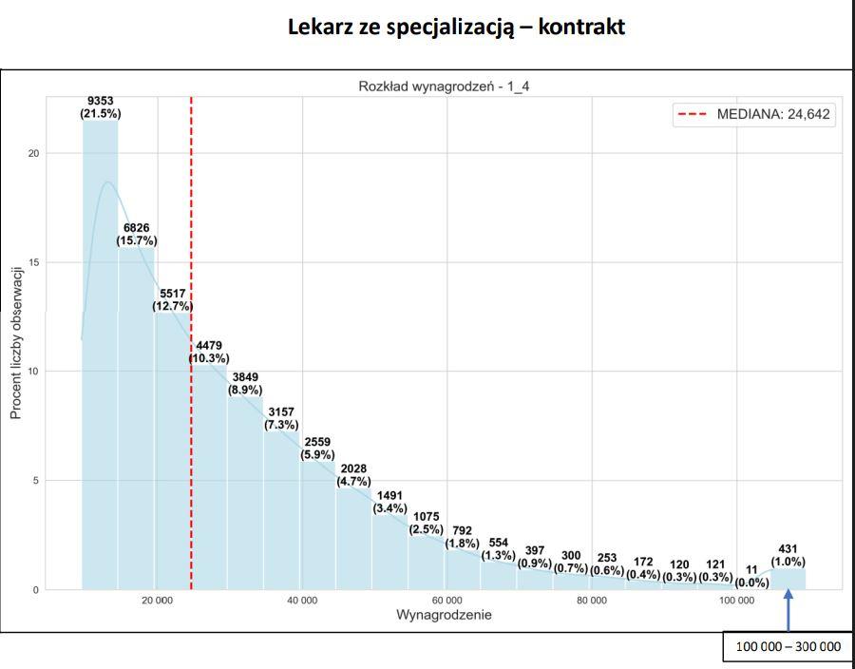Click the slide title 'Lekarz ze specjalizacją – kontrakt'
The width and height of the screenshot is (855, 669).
click(456, 27)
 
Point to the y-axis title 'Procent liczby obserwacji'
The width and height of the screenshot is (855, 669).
click(16, 342)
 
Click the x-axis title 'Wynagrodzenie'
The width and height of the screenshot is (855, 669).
click(444, 616)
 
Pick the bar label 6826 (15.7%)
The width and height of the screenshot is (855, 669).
click(136, 235)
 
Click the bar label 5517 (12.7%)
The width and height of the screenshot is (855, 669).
click(172, 300)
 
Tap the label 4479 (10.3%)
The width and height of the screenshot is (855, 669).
click(209, 352)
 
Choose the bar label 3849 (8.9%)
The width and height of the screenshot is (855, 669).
click(245, 383)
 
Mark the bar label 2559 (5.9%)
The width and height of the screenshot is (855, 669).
click(317, 449)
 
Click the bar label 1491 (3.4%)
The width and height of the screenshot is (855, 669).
click(390, 502)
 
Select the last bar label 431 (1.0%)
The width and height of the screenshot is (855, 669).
click(788, 556)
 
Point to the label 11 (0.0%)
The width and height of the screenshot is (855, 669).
click(751, 577)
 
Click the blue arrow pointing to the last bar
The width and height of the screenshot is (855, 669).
click(788, 610)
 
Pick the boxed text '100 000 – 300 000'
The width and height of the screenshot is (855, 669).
click(788, 646)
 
